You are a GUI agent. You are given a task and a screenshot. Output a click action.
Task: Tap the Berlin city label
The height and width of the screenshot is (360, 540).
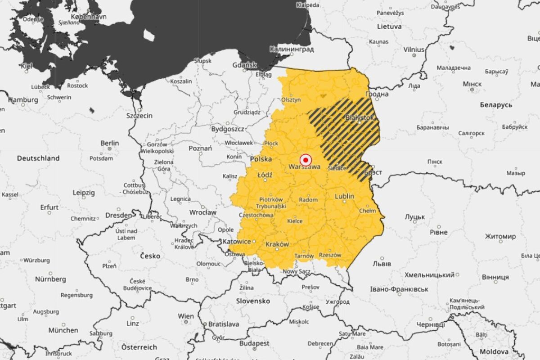pos(110,143)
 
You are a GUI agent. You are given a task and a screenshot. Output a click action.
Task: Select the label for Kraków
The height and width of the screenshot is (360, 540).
pos(277,244)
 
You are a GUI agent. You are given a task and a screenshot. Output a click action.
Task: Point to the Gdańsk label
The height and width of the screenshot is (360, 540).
pos(244,65)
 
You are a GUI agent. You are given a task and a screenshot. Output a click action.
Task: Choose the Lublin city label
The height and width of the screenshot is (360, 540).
pos(345,196)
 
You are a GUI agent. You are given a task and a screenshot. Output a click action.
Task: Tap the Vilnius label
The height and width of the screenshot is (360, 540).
pos(414,49)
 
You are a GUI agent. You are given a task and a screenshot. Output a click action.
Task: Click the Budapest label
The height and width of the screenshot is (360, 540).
pos(254,343)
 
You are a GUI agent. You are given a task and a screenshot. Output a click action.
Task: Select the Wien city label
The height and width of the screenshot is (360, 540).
pos(186,316)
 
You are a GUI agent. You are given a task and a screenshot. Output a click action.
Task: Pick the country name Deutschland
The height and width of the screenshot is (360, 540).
pos(38,158)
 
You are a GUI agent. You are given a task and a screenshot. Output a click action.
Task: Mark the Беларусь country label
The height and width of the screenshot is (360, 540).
pos(496,104)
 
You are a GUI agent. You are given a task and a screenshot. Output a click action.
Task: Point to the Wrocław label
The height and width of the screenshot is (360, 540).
pos(202,212)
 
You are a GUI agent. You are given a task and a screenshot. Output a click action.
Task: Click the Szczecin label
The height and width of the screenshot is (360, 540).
pos(139,116)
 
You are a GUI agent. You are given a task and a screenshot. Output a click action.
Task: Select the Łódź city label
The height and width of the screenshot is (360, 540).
pos(265,174)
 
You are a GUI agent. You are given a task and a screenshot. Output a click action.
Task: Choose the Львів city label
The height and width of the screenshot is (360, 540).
pos(382,264)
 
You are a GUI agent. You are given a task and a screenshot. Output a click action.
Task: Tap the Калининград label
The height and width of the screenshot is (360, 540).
pos(292,49)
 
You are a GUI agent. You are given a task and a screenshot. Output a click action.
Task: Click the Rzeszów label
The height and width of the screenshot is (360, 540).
pos(330,255)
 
